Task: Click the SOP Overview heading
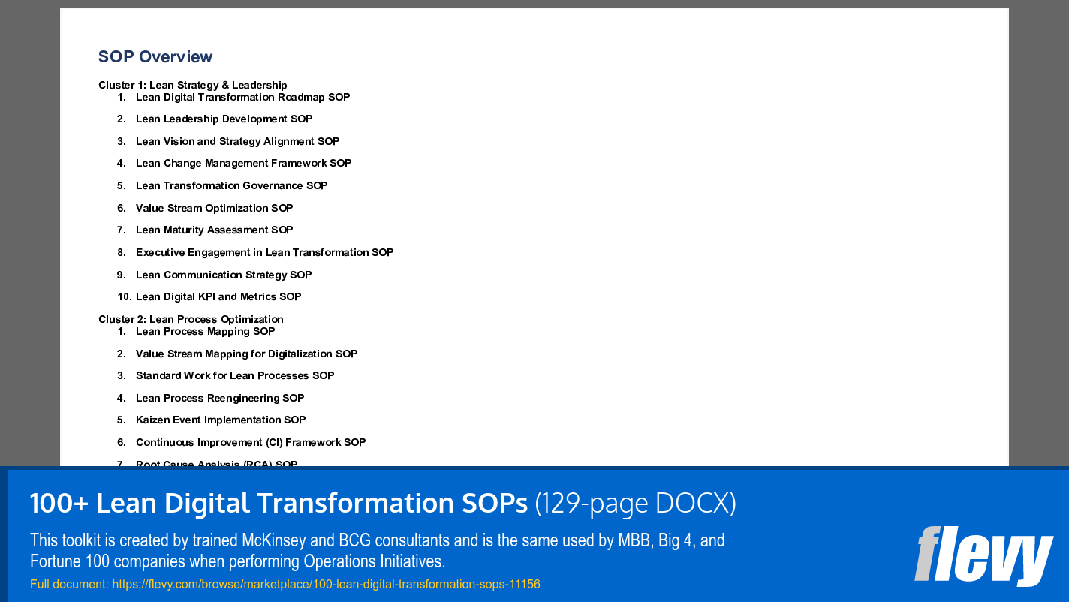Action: point(155,57)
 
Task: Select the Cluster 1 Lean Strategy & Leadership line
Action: point(192,85)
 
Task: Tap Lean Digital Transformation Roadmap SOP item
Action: point(242,97)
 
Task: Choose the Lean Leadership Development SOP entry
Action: point(224,119)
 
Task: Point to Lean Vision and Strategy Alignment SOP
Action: point(237,141)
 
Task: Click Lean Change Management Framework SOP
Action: point(243,163)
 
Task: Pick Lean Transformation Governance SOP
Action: point(231,185)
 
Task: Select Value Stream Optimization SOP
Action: point(214,208)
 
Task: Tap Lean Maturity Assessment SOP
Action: point(214,230)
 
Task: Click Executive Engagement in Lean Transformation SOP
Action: point(264,252)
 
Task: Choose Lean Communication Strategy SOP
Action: point(224,275)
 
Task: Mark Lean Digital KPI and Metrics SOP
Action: point(218,296)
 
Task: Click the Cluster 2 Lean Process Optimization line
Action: point(191,319)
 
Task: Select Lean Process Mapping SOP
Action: point(205,331)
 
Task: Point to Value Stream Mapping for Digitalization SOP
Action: point(246,354)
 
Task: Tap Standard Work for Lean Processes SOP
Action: point(235,375)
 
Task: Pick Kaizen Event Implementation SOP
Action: point(221,420)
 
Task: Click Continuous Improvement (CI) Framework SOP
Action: point(251,442)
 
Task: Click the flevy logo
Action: point(983,555)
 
